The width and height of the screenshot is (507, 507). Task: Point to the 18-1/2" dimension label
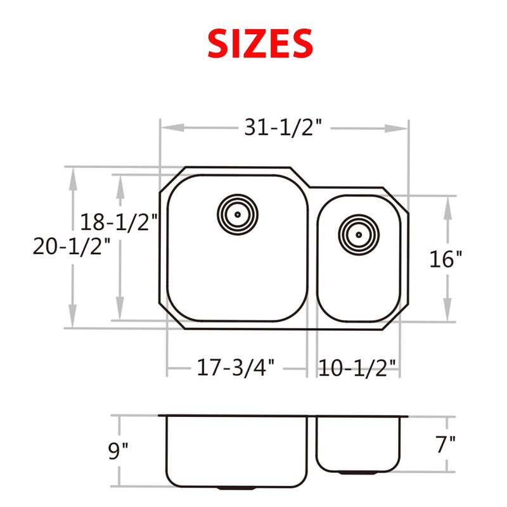119,222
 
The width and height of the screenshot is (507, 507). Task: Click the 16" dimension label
446,259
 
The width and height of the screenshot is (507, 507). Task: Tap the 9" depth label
118,451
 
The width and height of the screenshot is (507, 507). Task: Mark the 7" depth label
447,444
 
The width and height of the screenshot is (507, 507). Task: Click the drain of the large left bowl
237,214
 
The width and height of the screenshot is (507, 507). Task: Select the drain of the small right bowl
358,234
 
